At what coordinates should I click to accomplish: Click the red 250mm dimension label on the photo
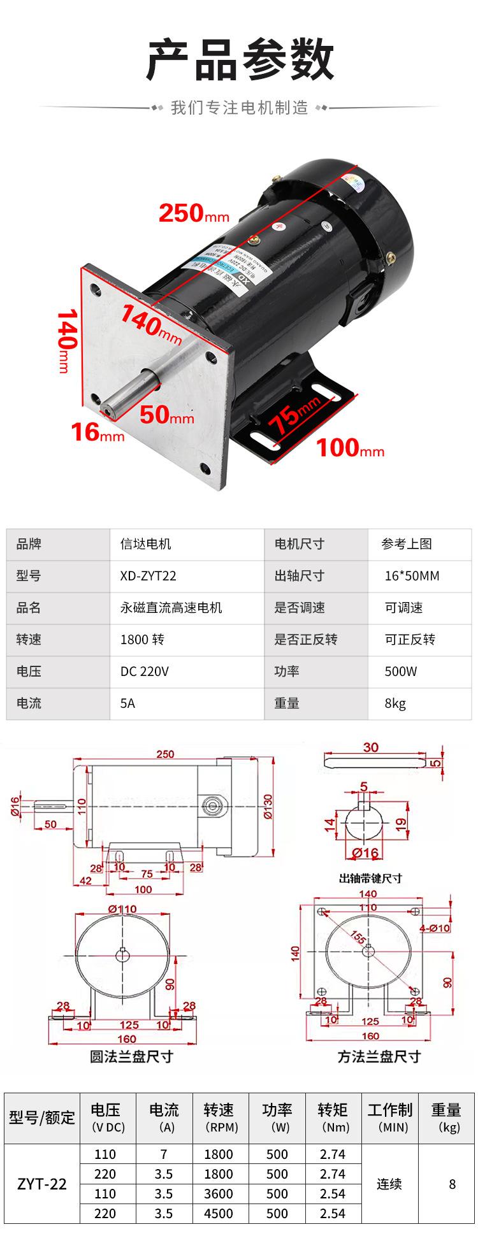[x=193, y=213]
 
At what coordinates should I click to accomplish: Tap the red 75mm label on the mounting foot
[x=294, y=414]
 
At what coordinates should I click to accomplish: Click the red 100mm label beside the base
[x=350, y=449]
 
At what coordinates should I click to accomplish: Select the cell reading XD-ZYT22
[x=148, y=576]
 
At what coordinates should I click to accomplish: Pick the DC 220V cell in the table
[x=145, y=672]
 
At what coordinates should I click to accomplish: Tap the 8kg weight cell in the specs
[x=395, y=703]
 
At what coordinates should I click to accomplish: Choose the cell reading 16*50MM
[x=412, y=576]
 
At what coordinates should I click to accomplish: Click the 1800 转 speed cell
[x=142, y=640]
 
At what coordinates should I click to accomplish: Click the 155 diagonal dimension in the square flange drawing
[x=358, y=936]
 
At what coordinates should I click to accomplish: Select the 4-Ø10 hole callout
[x=434, y=928]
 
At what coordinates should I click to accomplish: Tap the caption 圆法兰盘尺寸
[x=131, y=1057]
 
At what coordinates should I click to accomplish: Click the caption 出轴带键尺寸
[x=370, y=879]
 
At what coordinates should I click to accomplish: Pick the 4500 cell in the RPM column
[x=219, y=1214]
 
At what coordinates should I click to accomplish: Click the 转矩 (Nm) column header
[x=333, y=1117]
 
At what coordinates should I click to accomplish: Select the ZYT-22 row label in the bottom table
[x=42, y=1184]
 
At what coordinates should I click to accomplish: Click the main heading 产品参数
[x=240, y=59]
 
